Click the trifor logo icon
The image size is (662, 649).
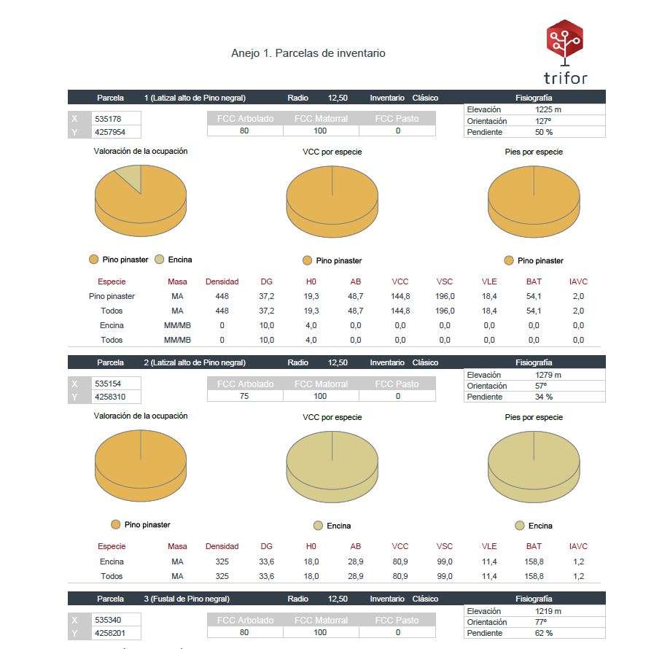click(565, 42)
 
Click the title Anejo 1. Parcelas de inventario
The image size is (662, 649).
click(308, 53)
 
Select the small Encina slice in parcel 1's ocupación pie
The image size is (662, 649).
click(130, 176)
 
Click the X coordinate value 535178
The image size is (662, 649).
click(108, 119)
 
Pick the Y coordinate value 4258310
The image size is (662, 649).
click(110, 397)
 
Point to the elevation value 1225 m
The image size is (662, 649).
click(548, 109)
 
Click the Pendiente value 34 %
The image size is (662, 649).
click(544, 397)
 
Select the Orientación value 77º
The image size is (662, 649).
click(541, 622)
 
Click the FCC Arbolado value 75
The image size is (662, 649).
click(244, 396)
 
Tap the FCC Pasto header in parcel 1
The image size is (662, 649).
click(397, 119)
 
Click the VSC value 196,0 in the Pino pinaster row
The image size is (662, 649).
click(445, 296)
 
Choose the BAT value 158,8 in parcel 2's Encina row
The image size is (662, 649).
click(534, 561)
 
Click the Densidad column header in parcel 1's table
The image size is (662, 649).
click(222, 281)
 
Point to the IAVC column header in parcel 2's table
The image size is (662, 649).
click(578, 546)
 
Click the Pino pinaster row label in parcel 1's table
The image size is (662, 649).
click(112, 296)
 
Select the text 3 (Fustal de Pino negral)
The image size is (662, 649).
click(187, 599)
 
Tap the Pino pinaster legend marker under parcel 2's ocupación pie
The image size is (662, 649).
click(115, 524)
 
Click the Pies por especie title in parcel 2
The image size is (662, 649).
click(534, 417)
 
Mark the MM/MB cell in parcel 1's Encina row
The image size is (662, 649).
click(177, 325)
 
